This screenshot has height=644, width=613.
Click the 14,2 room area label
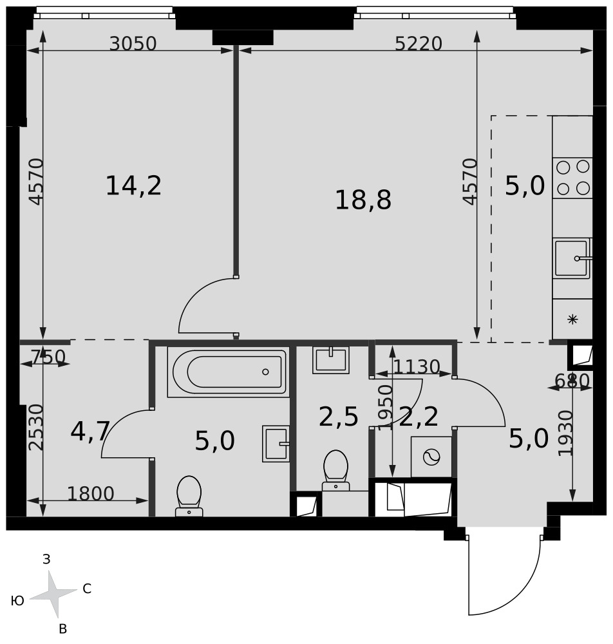click(133, 185)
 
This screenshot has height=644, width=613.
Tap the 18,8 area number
click(363, 200)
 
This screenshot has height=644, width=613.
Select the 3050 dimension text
click(133, 44)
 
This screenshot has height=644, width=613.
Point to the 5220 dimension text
click(419, 44)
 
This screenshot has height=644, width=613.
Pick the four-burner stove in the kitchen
click(572, 178)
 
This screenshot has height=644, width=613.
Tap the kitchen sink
click(572, 258)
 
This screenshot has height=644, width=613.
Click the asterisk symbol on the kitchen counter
click(572, 319)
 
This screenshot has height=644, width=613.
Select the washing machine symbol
click(431, 457)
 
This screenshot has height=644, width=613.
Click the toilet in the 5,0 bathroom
click(189, 496)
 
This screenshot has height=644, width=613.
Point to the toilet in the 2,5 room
click(336, 471)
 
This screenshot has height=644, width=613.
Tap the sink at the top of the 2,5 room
click(330, 360)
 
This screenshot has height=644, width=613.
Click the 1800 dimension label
click(91, 494)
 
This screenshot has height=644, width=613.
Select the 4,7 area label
click(90, 431)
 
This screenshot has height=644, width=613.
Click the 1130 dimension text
click(417, 366)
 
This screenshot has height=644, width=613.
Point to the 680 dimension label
click(572, 381)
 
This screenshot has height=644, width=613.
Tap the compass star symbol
click(53, 594)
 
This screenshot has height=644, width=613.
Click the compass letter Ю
click(17, 601)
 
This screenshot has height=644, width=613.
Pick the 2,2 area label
click(419, 417)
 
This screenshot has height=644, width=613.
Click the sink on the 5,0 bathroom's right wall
click(276, 444)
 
